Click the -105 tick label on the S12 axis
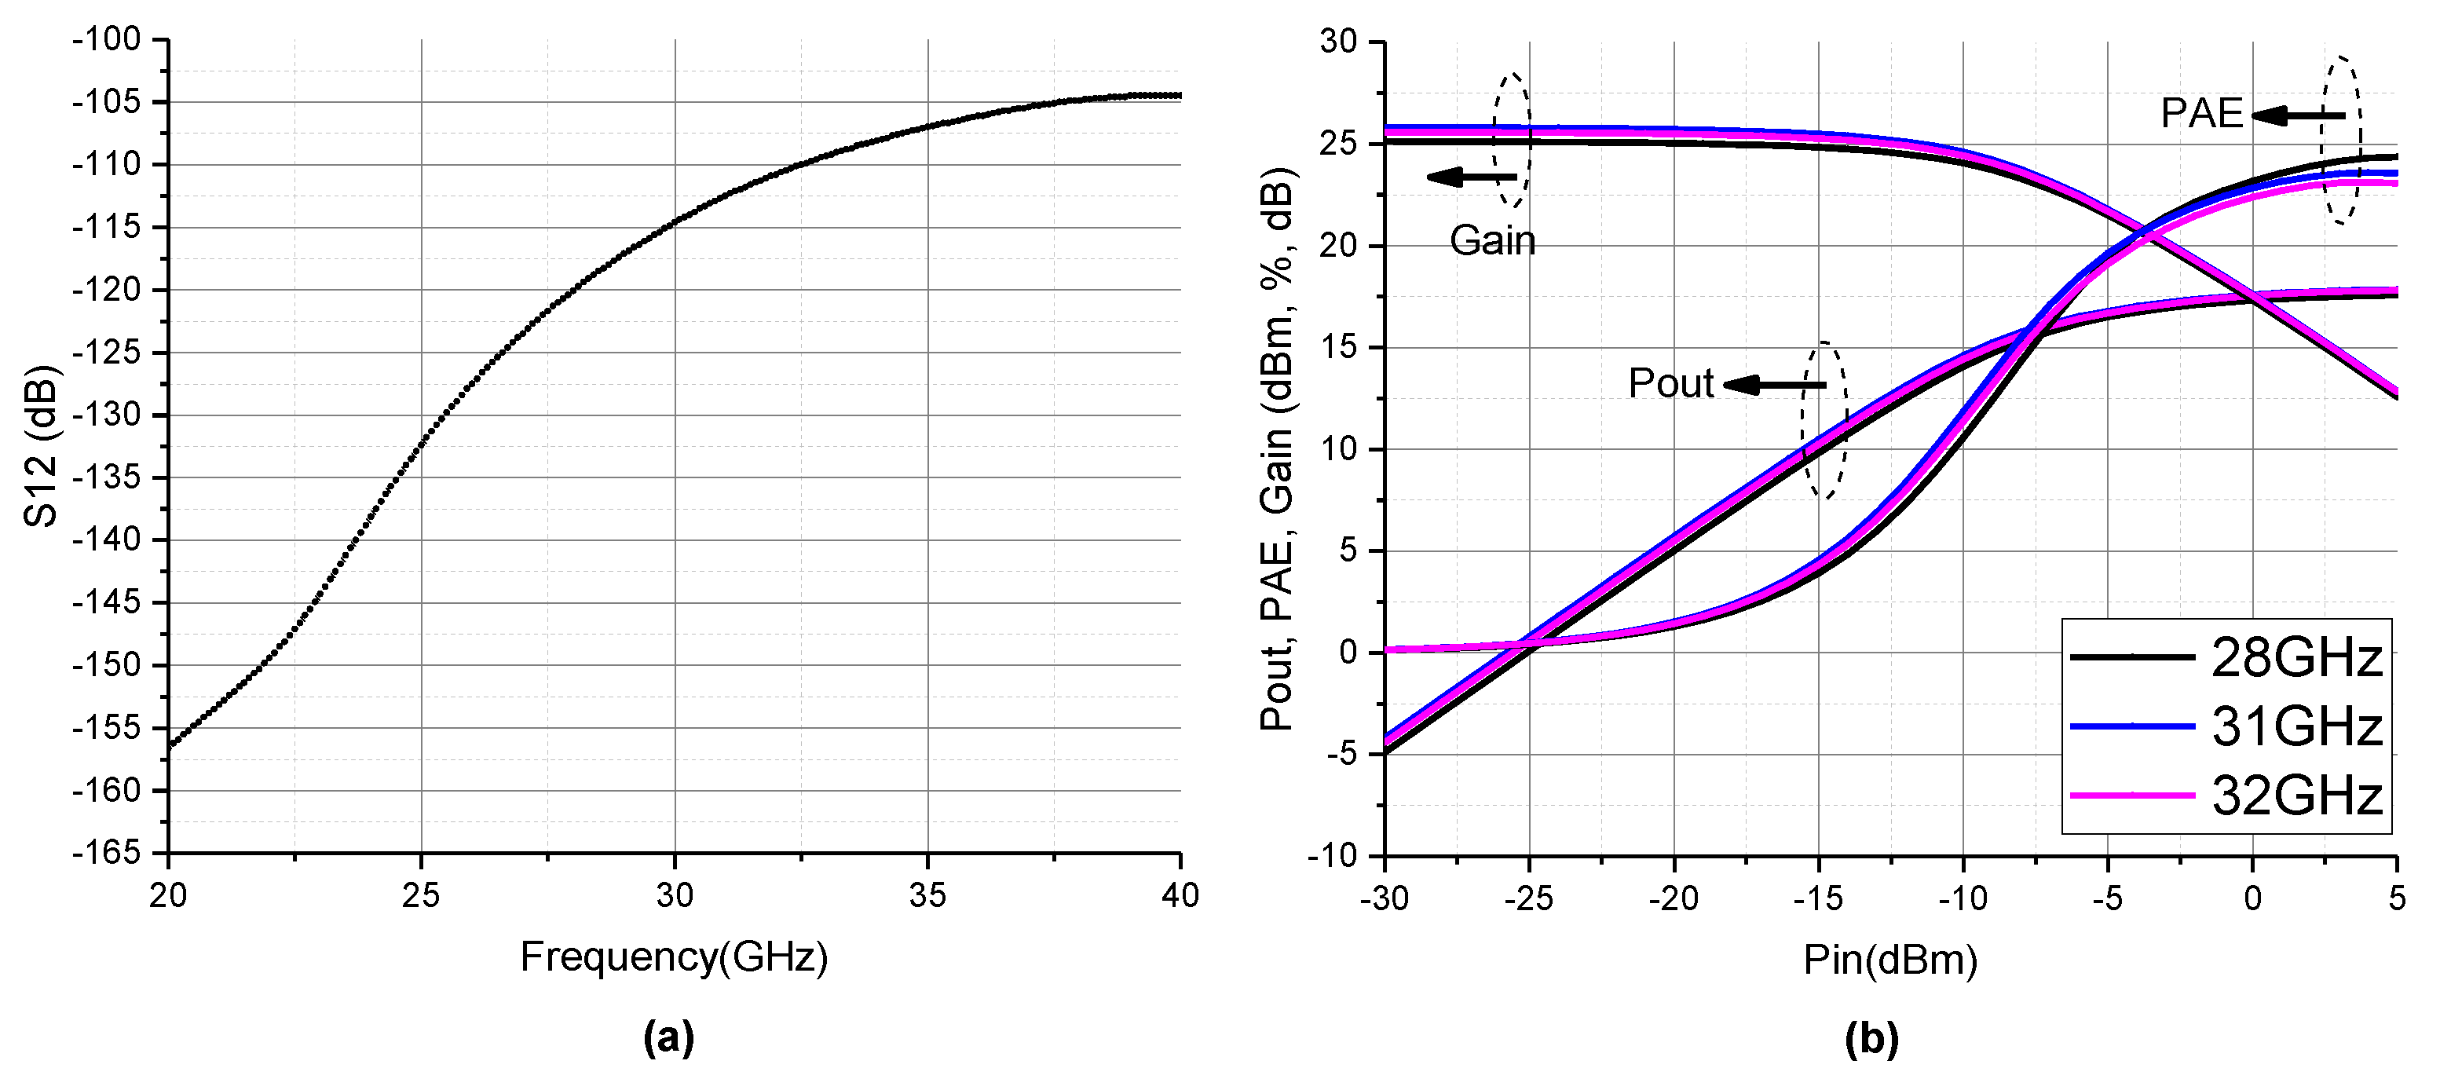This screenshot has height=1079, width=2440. tap(106, 102)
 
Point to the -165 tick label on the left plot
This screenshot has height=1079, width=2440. tap(106, 853)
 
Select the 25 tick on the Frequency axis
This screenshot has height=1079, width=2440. tap(421, 896)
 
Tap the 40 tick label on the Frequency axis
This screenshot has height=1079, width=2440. tap(1180, 896)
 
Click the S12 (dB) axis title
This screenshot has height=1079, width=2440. tap(42, 445)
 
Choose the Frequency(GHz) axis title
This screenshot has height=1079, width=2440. tap(674, 958)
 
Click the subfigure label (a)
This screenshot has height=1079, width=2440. tap(669, 1038)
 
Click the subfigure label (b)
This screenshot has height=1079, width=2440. tap(1871, 1038)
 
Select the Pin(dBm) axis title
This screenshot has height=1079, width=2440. tap(1889, 960)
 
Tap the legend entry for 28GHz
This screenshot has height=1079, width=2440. tap(2226, 657)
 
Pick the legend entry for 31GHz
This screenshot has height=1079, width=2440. tap(2226, 726)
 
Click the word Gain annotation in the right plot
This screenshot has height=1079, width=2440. tap(1492, 240)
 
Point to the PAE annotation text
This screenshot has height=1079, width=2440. tap(2201, 114)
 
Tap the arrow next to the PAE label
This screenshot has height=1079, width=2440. tap(2296, 116)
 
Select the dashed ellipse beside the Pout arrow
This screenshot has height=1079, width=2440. tap(1824, 421)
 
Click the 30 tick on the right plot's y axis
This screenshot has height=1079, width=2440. tap(1338, 42)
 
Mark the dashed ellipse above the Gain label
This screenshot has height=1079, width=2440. tap(1512, 141)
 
